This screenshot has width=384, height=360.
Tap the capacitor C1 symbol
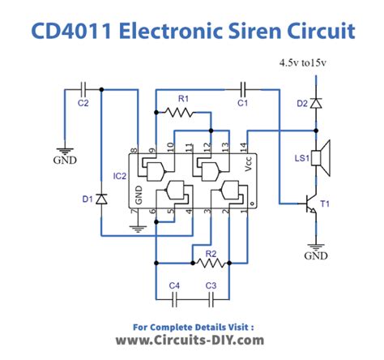coord(242,87)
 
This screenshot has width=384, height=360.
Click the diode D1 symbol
coord(101,197)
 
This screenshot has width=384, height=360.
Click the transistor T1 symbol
coord(309,206)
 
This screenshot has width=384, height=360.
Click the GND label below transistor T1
coord(315,255)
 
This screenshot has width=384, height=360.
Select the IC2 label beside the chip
coord(119,174)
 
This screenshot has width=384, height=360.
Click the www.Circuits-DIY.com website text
coord(190,341)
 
